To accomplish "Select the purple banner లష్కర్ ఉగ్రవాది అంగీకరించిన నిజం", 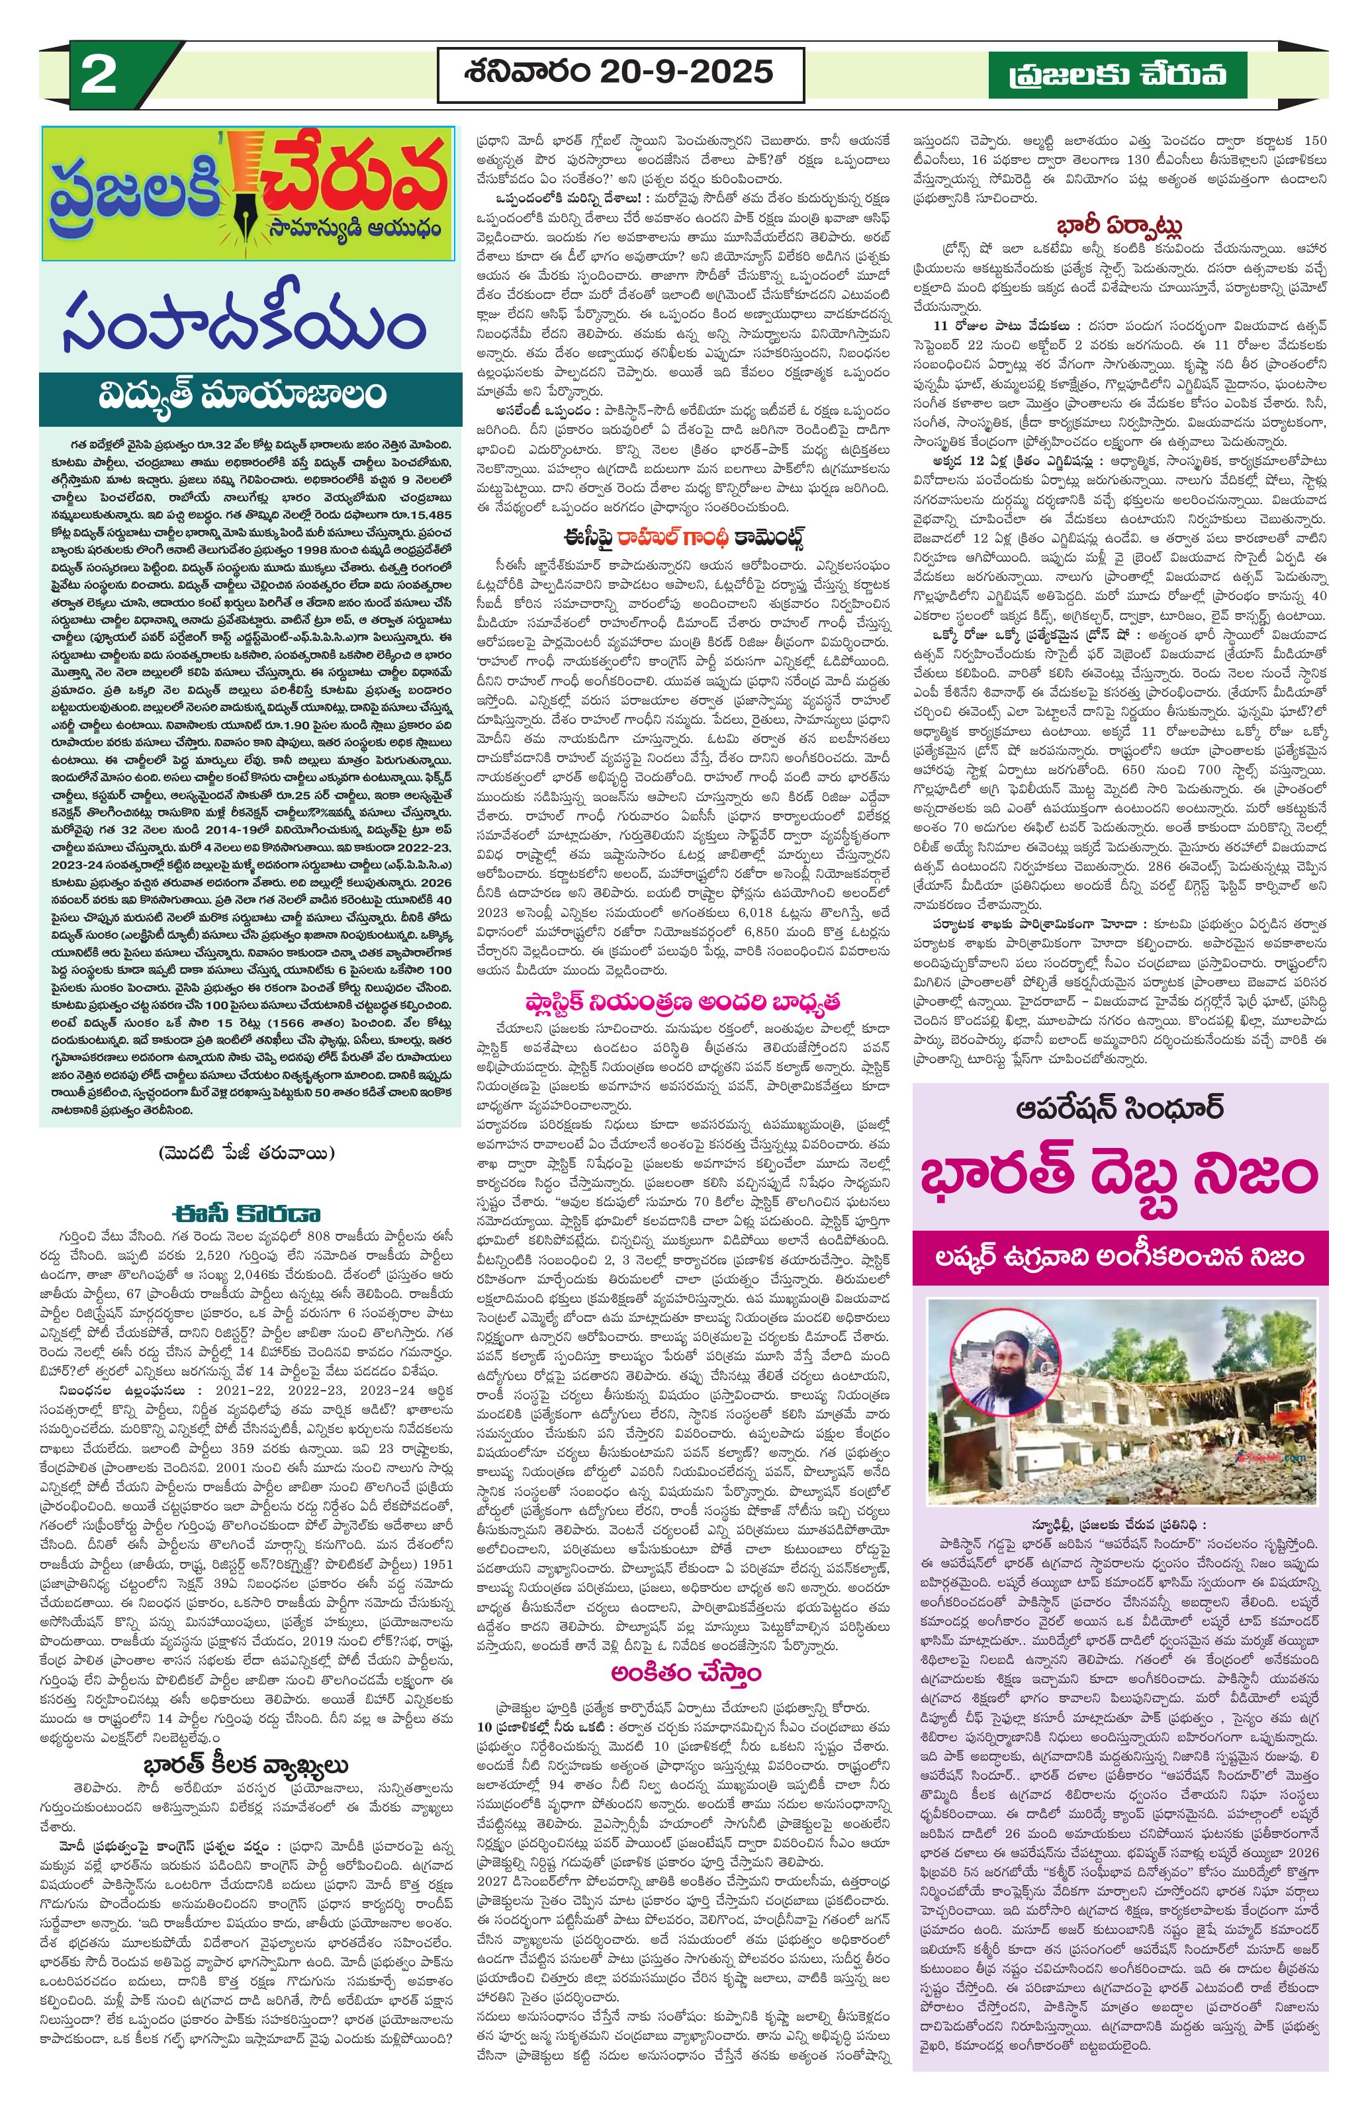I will click(x=1120, y=1256).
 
